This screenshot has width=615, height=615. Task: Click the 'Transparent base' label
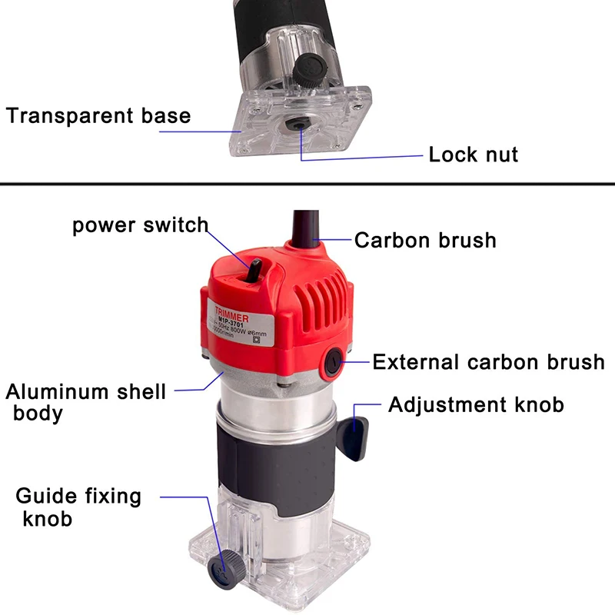coord(98,116)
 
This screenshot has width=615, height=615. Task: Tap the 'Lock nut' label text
coord(473,154)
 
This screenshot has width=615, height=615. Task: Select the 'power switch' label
coord(140,225)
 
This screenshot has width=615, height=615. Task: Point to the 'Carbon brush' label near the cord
coord(425,240)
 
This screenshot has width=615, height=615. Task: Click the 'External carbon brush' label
coord(488,361)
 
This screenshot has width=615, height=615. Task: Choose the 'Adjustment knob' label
coord(476,404)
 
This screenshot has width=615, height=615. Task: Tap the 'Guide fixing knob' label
coord(78,507)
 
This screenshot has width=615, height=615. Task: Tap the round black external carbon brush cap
coord(335,361)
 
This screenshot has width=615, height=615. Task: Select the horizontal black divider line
coord(307,184)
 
